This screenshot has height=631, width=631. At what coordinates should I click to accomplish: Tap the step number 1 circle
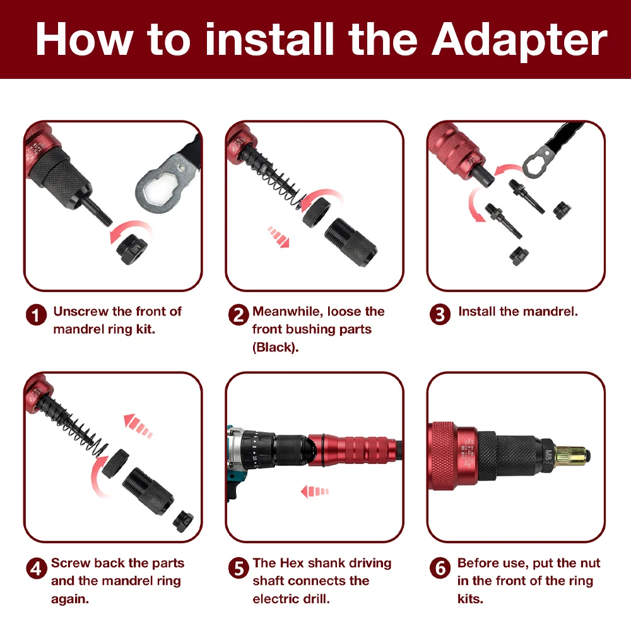[36, 315]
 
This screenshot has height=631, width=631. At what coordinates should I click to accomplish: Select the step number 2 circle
[239, 315]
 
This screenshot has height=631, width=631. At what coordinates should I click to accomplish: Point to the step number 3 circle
[440, 314]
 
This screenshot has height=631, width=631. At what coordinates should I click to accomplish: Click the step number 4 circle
[36, 569]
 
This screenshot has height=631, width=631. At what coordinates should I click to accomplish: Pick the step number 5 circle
[239, 569]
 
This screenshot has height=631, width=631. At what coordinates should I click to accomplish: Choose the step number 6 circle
[440, 569]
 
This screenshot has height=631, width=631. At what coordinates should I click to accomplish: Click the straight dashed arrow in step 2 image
[279, 237]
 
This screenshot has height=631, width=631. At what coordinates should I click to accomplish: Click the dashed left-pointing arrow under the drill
[315, 492]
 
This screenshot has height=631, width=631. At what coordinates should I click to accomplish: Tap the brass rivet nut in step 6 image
[572, 457]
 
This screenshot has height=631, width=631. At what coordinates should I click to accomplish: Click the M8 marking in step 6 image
[547, 456]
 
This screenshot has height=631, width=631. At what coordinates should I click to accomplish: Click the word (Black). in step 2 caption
[276, 347]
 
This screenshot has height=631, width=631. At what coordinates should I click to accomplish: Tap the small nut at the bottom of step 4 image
[183, 522]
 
